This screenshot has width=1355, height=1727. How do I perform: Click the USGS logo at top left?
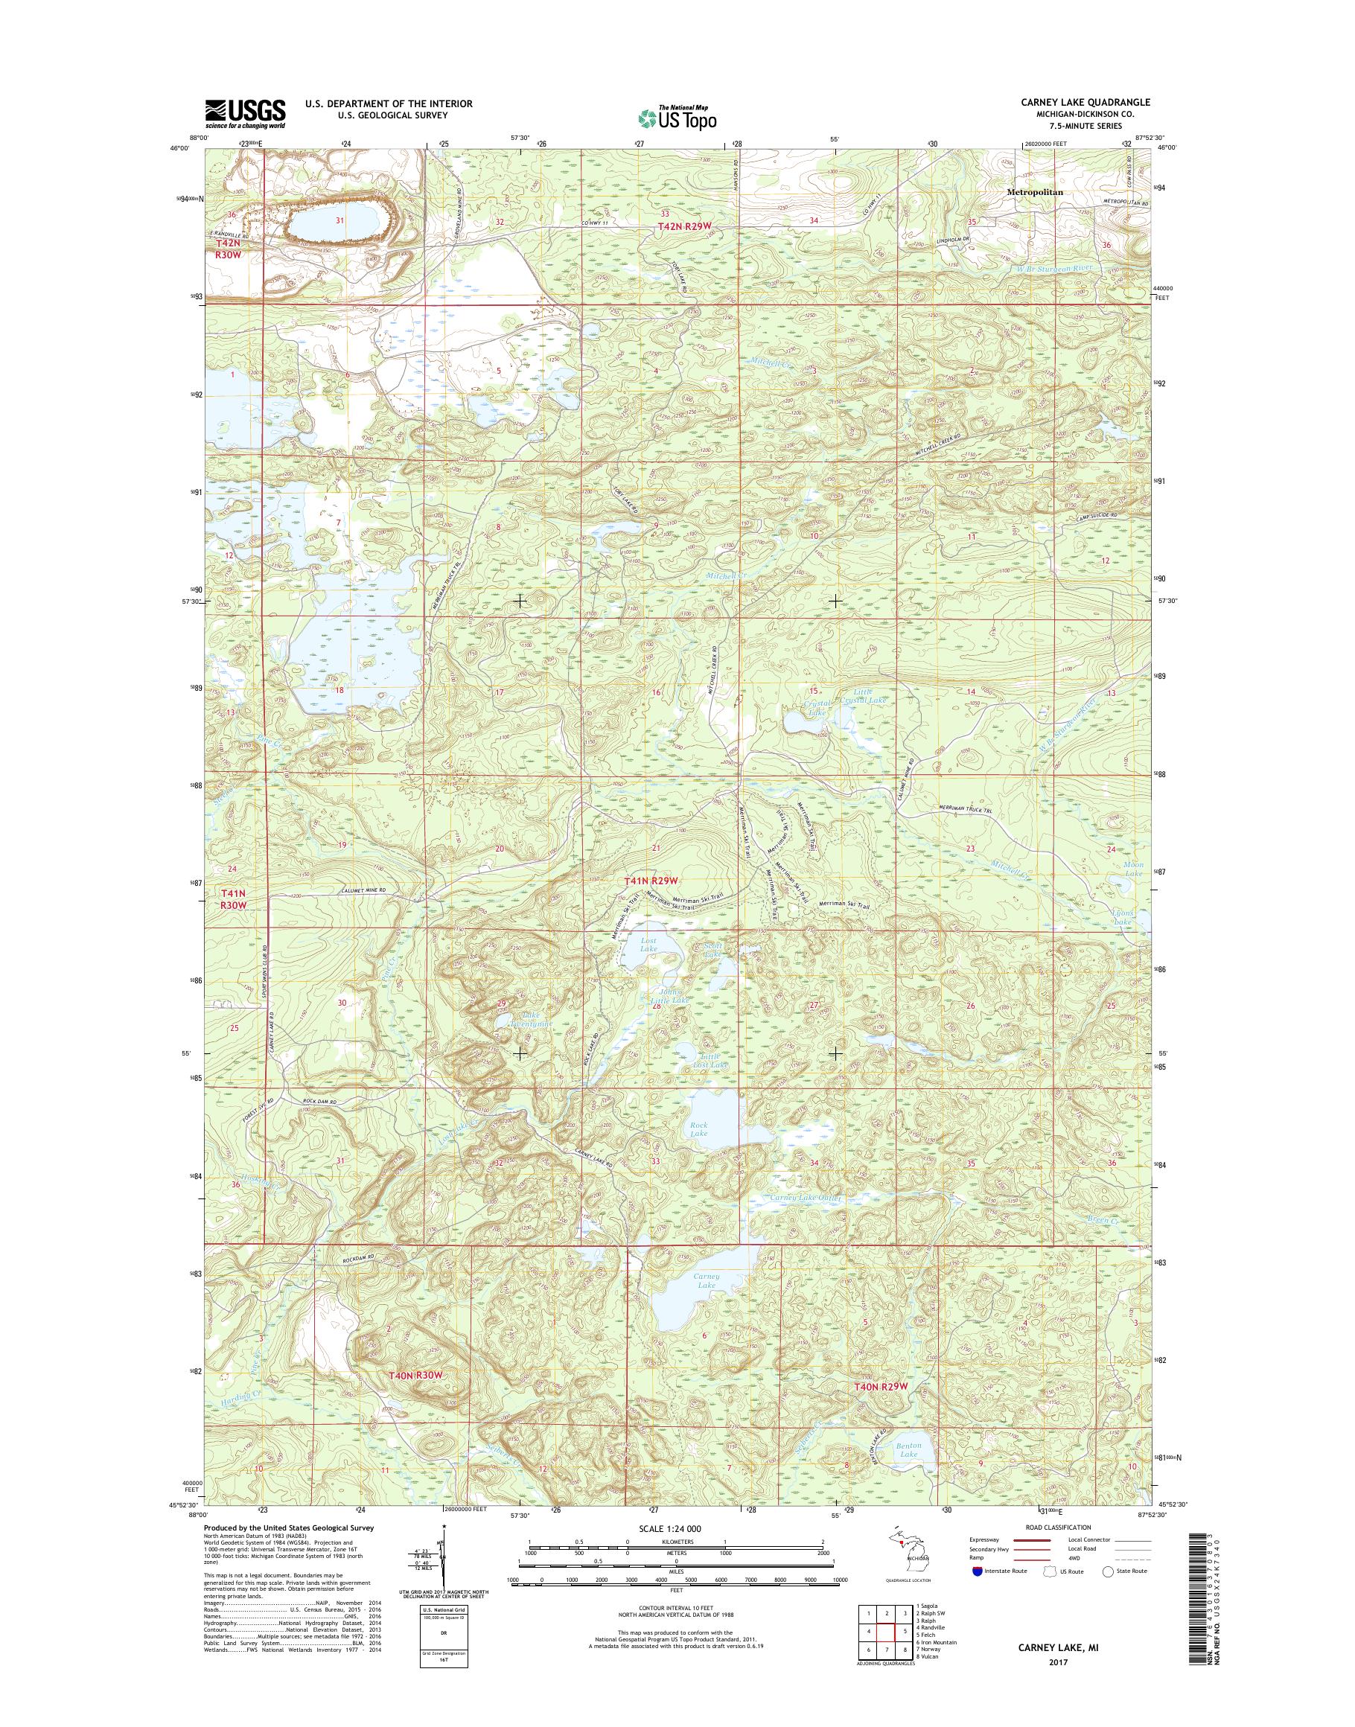245,113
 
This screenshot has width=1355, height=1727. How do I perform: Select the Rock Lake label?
698,1129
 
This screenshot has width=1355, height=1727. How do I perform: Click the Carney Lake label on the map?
706,1280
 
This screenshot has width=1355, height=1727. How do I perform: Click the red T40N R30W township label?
414,1376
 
